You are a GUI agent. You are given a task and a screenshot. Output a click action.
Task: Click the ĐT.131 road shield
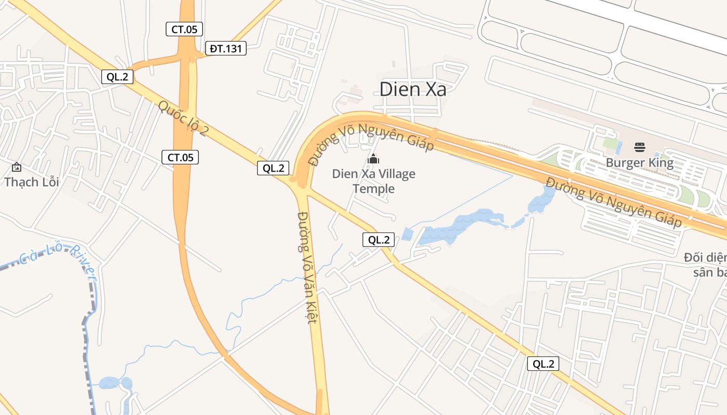point(225,49)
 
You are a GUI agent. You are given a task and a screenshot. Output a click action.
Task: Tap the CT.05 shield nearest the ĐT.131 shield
point(184,29)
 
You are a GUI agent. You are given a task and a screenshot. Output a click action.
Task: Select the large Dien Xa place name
point(413,89)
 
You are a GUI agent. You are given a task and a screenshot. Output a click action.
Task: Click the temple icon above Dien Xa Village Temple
point(373,159)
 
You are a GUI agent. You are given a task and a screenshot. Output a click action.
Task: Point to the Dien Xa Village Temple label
point(374,181)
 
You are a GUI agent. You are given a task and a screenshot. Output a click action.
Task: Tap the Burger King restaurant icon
point(640,147)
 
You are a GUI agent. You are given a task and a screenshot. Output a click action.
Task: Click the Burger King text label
point(640,163)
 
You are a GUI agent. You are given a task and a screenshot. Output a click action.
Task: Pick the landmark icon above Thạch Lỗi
point(17,167)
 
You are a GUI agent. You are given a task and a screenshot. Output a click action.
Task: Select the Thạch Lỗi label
point(31,182)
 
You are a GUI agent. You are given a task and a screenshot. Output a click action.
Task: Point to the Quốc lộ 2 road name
point(182,118)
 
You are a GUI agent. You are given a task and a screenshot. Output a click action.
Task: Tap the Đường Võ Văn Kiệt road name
point(306,267)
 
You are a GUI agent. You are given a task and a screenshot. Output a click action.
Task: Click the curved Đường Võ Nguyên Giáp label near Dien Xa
point(371,141)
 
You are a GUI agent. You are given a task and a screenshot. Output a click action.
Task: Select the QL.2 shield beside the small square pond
point(378,240)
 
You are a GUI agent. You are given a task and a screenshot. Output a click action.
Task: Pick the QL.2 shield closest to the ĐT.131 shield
point(117,77)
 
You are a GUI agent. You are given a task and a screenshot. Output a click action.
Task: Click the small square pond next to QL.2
point(408,234)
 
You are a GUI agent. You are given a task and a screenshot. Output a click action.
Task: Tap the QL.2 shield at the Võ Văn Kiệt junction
point(273,168)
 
